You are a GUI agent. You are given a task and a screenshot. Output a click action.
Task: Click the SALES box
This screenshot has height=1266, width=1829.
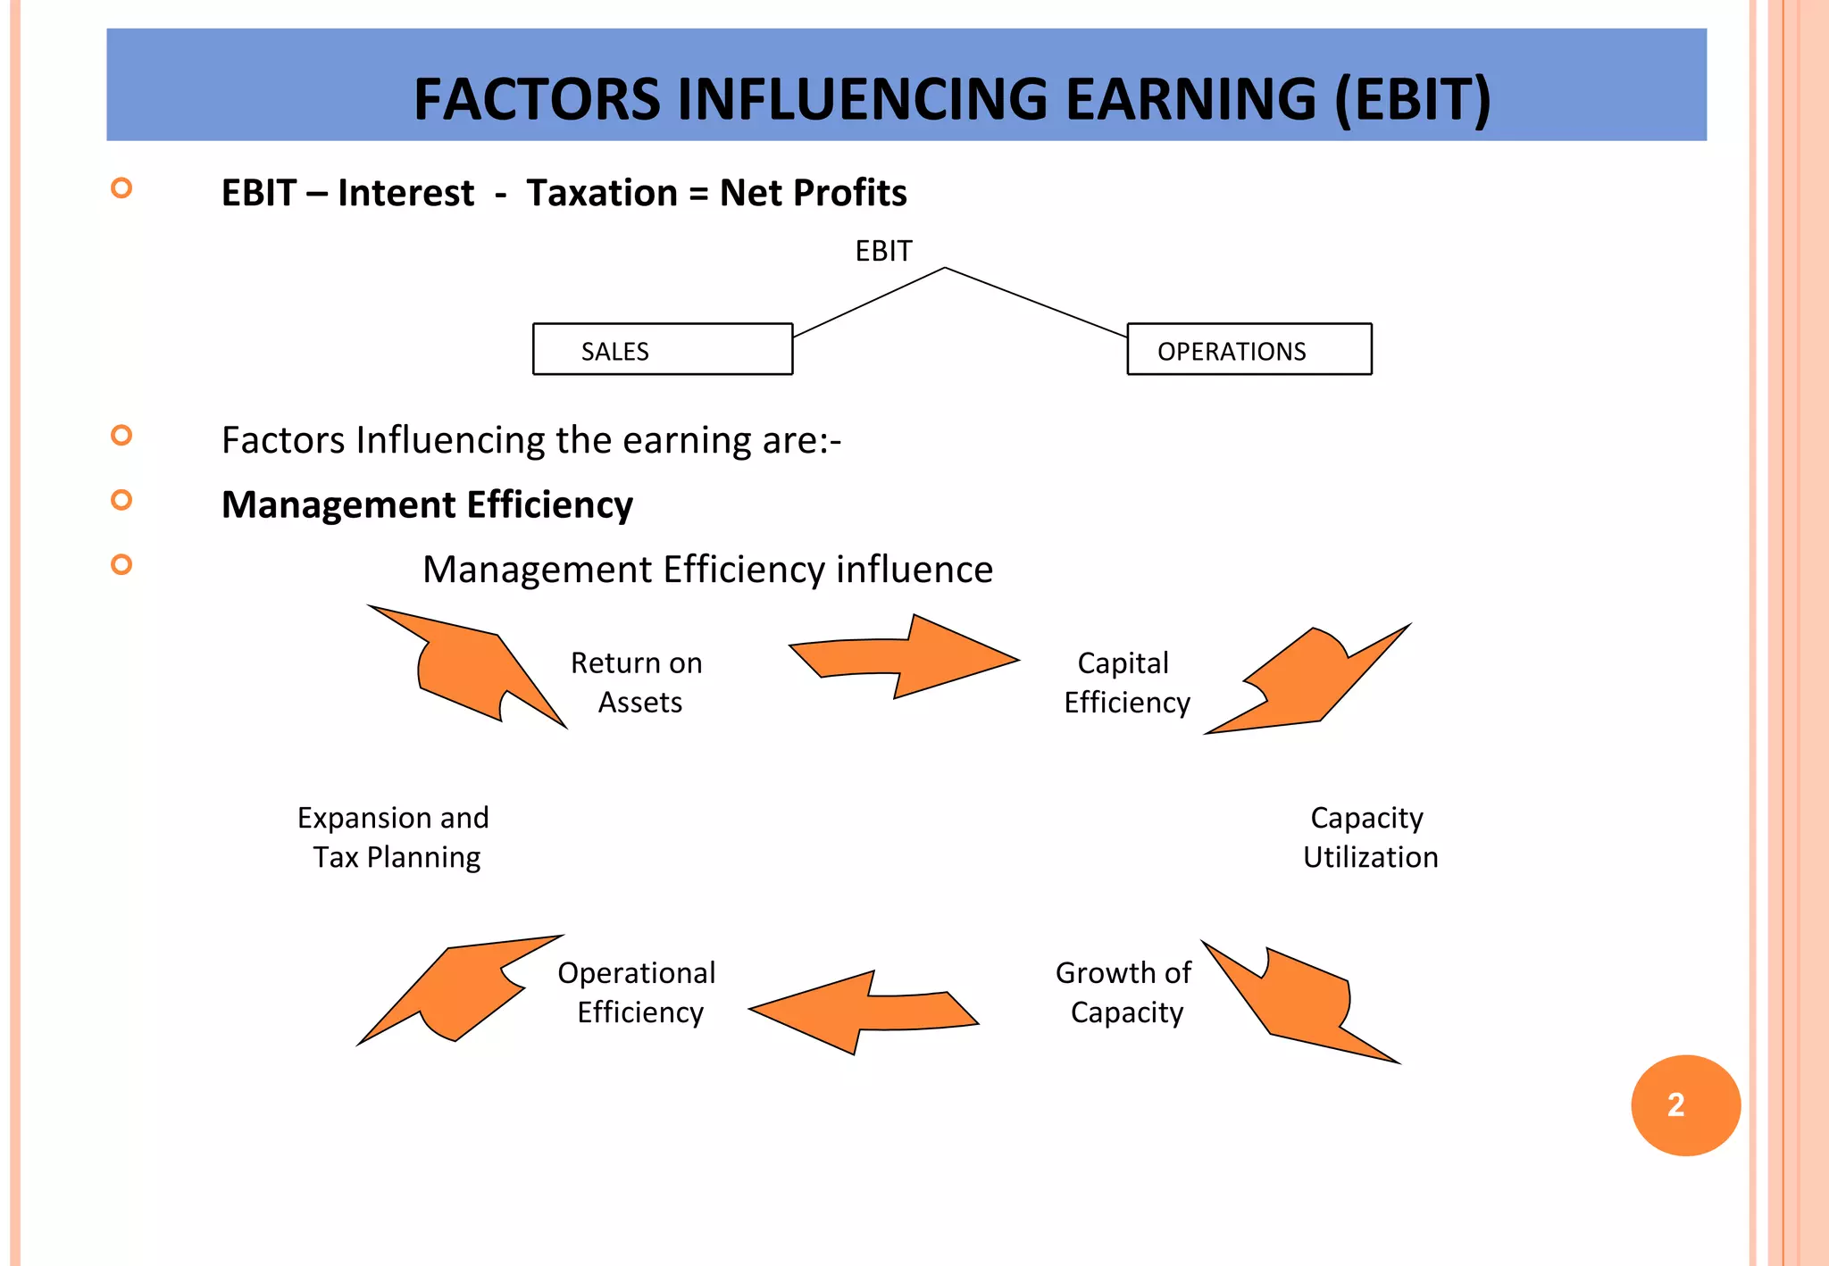click(x=662, y=349)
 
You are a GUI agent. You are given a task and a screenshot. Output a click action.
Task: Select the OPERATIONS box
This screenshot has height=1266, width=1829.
click(x=1249, y=349)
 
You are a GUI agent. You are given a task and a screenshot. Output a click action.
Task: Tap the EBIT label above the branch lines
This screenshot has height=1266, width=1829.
click(x=883, y=251)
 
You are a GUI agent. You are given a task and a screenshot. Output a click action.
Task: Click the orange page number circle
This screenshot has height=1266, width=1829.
click(x=1685, y=1105)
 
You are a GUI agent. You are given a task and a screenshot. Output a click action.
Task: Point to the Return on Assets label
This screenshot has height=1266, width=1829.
click(x=638, y=682)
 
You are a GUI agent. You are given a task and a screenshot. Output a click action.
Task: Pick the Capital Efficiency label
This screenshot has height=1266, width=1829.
click(x=1126, y=682)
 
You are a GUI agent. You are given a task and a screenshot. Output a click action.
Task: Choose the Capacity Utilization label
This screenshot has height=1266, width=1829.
click(x=1370, y=837)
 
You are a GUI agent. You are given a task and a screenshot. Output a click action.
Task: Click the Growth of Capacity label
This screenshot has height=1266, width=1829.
click(x=1123, y=992)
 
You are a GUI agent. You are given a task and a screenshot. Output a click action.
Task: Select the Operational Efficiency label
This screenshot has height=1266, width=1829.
click(x=638, y=992)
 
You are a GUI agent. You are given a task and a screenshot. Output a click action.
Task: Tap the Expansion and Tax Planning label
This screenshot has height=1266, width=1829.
click(x=393, y=837)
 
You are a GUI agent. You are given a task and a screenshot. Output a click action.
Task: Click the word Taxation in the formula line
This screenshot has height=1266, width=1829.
click(x=602, y=193)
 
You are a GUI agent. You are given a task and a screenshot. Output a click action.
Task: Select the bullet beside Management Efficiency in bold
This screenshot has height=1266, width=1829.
click(x=121, y=500)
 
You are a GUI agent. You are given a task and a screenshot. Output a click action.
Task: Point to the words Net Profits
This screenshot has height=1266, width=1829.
click(x=813, y=193)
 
